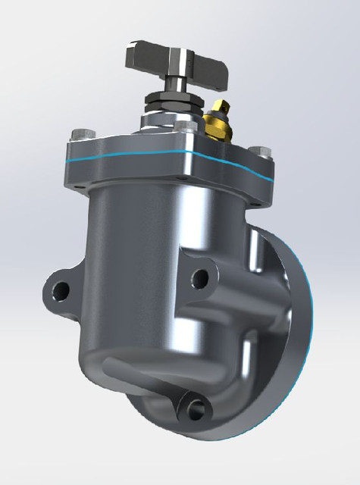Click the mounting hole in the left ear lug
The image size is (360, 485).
60,288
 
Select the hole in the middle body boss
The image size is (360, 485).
200,278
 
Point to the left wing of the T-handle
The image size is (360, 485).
142,55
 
